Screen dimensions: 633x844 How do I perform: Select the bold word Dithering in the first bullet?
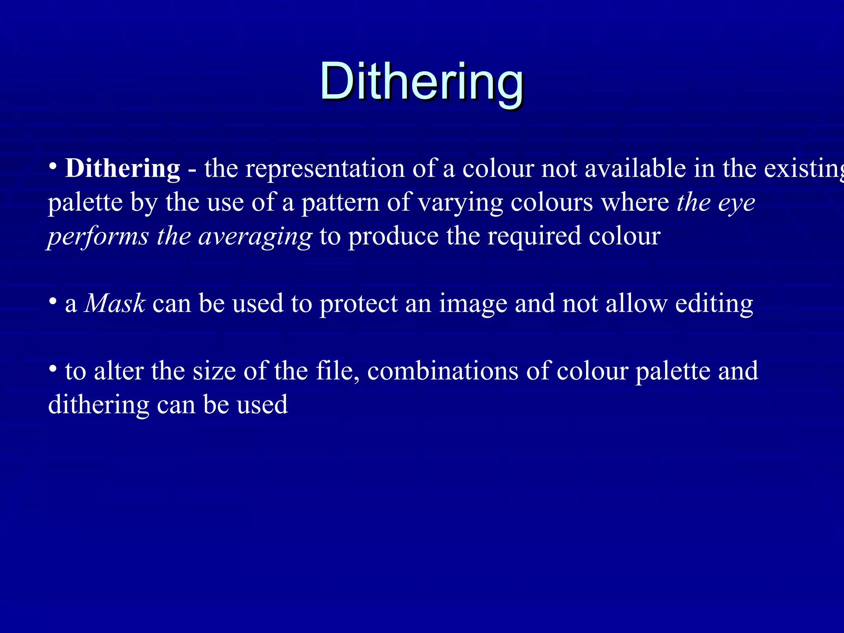pyautogui.click(x=123, y=169)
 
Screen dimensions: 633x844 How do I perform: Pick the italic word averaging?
pyautogui.click(x=255, y=237)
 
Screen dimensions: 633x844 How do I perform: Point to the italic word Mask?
pyautogui.click(x=115, y=304)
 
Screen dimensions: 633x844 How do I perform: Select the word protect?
pyautogui.click(x=359, y=304)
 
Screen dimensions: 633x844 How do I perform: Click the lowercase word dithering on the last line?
pyautogui.click(x=98, y=405)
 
